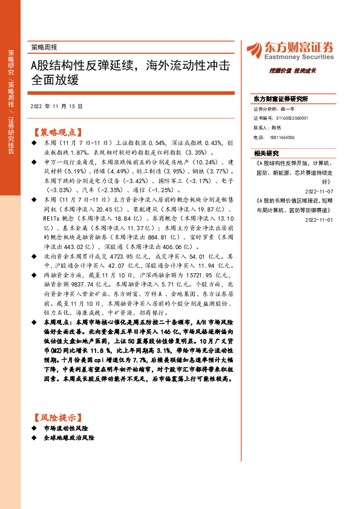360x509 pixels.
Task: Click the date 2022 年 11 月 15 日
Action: point(56,106)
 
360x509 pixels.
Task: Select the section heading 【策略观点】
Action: point(54,131)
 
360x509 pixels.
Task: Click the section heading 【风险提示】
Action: point(54,417)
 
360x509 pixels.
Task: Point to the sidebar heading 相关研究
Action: point(266,154)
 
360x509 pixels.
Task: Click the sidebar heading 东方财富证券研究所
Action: point(281,99)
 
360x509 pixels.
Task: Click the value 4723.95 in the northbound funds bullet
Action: point(132,256)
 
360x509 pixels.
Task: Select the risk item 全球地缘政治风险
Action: point(69,437)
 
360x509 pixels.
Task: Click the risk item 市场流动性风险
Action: point(65,427)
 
